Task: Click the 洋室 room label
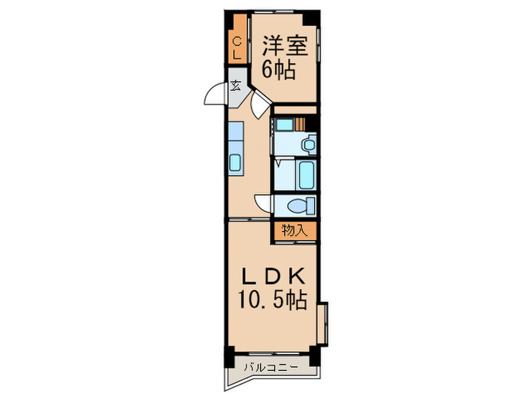[x=285, y=46]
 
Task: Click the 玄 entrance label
[x=236, y=85]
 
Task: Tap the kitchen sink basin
[x=236, y=162]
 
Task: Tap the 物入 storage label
[x=295, y=230]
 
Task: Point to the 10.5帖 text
[x=274, y=300]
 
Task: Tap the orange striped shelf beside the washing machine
[x=302, y=124]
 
